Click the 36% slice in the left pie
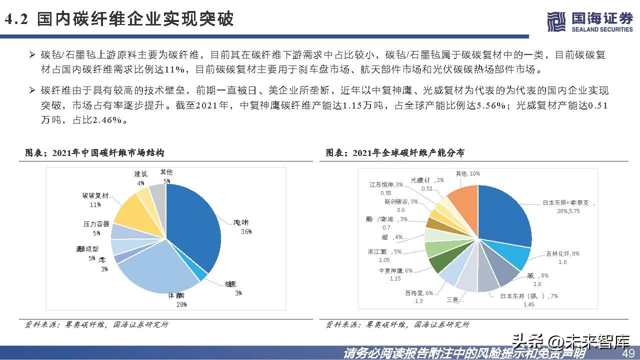tap(195, 225)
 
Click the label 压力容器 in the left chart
tap(96, 224)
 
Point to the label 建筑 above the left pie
tap(141, 174)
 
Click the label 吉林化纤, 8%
tap(562, 254)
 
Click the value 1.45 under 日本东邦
tap(529, 304)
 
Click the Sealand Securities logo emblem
tap(555, 21)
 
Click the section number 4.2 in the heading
tap(18, 19)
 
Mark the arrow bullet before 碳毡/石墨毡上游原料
tap(31, 54)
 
